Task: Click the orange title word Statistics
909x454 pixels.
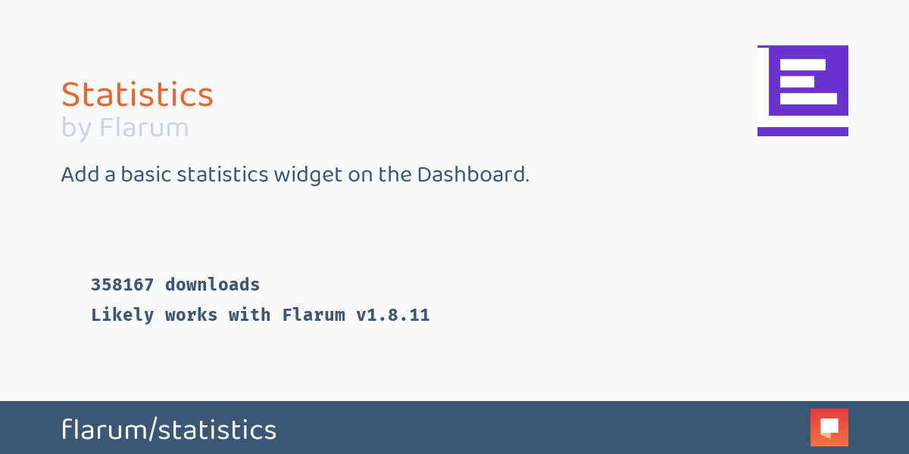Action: (137, 95)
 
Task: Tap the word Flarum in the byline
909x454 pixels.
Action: (144, 128)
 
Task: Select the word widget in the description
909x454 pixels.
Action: (308, 175)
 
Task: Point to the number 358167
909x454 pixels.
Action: (122, 285)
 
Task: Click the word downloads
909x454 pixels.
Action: (212, 285)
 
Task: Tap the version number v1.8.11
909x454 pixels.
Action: (392, 315)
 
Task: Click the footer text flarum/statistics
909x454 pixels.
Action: (169, 430)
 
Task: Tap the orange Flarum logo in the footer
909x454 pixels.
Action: (829, 428)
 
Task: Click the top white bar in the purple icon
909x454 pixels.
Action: (802, 65)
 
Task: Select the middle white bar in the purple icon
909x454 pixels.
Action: (797, 82)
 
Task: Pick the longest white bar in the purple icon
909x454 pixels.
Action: (808, 98)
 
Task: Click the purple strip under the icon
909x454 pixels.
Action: (802, 132)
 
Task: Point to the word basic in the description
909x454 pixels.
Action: (145, 175)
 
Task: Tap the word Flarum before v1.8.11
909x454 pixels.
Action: (313, 315)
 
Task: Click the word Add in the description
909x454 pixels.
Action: (79, 175)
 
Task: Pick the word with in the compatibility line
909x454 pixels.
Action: (249, 315)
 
